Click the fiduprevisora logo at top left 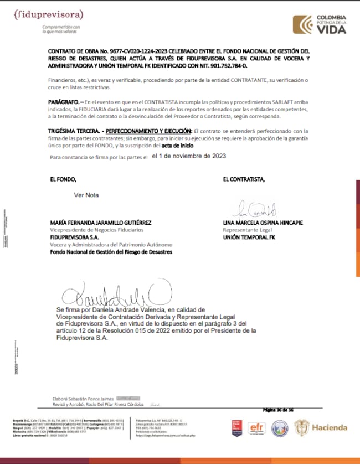click(x=48, y=14)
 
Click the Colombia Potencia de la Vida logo click(x=320, y=24)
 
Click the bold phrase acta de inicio click(x=209, y=145)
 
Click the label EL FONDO click(x=63, y=179)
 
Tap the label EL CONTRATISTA click(x=244, y=179)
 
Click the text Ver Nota click(x=86, y=195)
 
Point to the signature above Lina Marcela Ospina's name click(x=257, y=210)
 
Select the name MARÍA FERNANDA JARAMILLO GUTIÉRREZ click(x=101, y=223)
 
